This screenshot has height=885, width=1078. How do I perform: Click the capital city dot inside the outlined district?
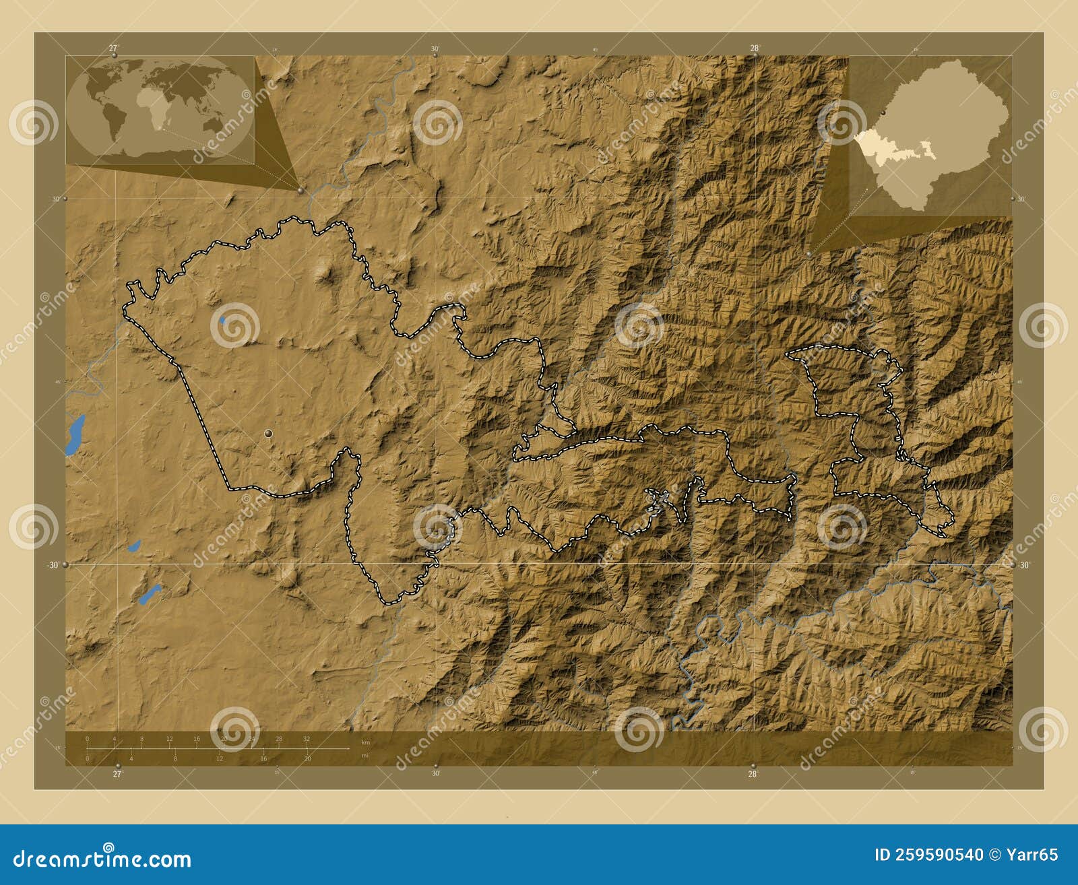pos(269,434)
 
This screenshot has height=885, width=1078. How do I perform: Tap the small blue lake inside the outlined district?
pos(222,320)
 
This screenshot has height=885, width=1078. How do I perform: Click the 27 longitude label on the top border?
pos(113,48)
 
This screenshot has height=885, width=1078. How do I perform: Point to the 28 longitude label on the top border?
pos(755,48)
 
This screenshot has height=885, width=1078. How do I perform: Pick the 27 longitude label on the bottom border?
pos(117,774)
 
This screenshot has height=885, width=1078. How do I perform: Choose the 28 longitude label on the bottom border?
pos(753,774)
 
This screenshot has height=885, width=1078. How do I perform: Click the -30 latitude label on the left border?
pos(52,565)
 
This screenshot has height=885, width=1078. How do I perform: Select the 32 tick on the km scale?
pos(307,739)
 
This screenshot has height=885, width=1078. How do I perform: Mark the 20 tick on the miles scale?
pos(307,758)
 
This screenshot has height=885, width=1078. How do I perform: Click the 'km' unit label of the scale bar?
pos(365,742)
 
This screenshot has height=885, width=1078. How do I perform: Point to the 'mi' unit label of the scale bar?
pos(365,756)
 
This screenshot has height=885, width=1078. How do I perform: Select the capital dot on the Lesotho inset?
pos(881,113)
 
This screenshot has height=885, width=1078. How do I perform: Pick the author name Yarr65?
pos(1032,855)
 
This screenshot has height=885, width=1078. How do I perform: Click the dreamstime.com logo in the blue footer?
pos(102,859)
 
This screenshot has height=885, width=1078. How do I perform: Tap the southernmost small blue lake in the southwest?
pos(149,594)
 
